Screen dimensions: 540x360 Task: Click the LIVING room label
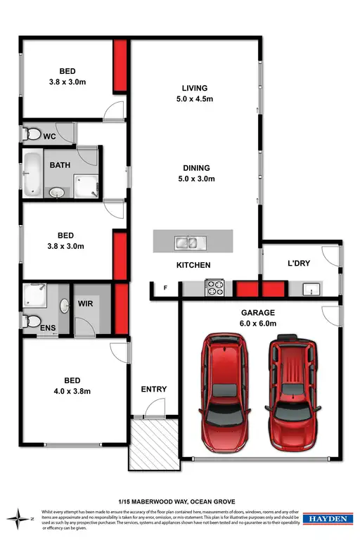tap(195, 93)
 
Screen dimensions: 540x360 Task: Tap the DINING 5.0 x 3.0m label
tap(195, 173)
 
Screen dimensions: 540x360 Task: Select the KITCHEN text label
tap(193, 265)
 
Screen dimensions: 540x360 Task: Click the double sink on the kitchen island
tap(187, 243)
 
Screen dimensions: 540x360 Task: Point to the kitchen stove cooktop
tap(214, 287)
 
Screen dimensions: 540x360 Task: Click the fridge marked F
tap(166, 288)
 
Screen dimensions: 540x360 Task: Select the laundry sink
tap(309, 288)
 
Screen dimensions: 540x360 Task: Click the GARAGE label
tap(260, 317)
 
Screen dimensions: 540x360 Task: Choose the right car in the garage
tap(290, 392)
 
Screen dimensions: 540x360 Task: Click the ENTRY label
tap(154, 389)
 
